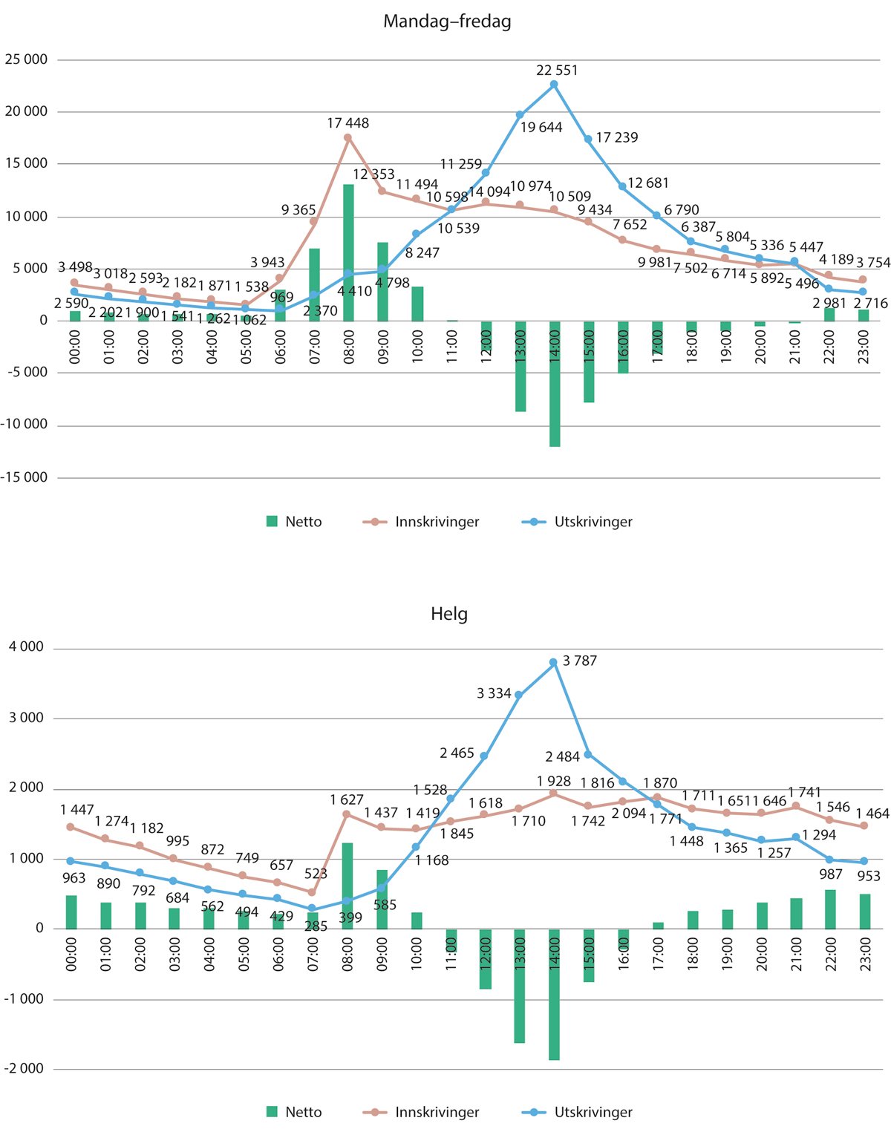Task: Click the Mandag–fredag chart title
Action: [447, 22]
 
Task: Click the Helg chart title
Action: [449, 614]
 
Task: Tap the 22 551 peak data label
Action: [557, 71]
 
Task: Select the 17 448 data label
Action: [347, 123]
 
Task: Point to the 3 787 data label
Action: [580, 661]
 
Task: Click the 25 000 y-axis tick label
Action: [26, 59]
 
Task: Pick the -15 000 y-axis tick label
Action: [25, 477]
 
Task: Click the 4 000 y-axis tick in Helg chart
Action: [27, 647]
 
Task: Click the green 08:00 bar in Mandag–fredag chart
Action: [348, 252]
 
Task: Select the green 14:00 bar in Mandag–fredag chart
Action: [555, 384]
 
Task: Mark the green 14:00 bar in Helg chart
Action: [555, 995]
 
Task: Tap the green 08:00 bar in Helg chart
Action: [347, 886]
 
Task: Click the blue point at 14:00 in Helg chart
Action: [553, 662]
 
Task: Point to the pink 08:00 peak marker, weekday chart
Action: [347, 137]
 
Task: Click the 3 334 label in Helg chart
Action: [494, 693]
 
